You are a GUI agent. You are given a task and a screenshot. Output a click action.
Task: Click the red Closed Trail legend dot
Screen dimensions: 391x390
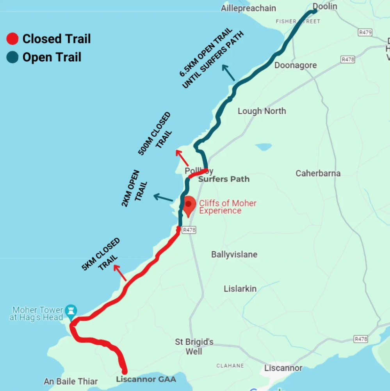click(12, 39)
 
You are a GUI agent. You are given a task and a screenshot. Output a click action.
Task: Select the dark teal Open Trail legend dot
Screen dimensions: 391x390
click(12, 57)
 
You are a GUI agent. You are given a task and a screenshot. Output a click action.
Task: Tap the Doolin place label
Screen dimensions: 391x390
click(324, 7)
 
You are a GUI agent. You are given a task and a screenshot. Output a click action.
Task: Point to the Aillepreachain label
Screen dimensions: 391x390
click(248, 8)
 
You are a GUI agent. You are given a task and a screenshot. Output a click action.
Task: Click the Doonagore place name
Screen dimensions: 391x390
click(296, 65)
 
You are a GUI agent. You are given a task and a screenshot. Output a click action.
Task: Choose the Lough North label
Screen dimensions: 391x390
click(262, 111)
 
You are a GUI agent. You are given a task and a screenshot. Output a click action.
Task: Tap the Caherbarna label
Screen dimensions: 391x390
click(318, 173)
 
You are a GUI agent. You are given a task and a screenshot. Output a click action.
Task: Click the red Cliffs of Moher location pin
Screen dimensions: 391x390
click(190, 206)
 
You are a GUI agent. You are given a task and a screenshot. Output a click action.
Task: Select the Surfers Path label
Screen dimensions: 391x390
click(224, 179)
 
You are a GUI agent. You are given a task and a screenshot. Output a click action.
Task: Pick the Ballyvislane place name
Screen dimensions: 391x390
click(234, 255)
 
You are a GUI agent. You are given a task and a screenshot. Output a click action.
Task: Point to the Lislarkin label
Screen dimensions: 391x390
click(240, 289)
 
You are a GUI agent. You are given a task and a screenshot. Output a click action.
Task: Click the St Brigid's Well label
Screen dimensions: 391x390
click(194, 346)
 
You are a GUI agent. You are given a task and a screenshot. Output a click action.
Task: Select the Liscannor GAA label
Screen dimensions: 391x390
click(146, 379)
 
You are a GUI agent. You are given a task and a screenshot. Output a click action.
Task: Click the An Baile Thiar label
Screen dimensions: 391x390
click(71, 382)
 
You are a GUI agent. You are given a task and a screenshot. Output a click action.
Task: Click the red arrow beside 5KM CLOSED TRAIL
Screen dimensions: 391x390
click(120, 273)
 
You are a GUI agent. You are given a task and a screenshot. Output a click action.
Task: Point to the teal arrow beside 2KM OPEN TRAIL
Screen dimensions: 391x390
click(163, 198)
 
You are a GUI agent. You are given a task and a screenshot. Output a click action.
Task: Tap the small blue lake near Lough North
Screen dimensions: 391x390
click(264, 147)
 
